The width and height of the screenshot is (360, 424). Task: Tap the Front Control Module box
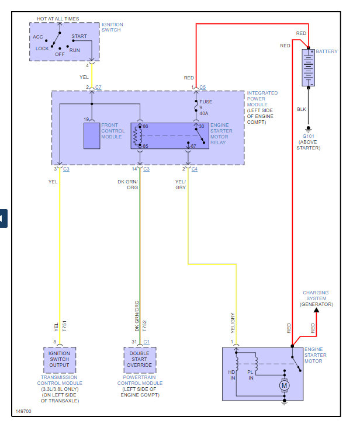92,136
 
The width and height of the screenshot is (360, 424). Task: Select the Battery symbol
308,68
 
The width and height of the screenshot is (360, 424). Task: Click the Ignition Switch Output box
60,359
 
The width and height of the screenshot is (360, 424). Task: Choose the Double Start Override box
140,359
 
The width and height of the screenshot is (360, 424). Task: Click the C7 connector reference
98,88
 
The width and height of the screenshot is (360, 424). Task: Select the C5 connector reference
202,88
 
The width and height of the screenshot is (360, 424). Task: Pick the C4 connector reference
195,169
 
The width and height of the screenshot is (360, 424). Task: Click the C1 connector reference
146,342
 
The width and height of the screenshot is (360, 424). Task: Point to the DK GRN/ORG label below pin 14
129,185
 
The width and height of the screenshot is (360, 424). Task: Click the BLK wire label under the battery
302,109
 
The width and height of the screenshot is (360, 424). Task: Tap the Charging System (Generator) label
316,298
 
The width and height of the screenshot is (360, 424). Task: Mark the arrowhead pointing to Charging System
316,310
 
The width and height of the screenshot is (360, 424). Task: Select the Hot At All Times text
58,19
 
